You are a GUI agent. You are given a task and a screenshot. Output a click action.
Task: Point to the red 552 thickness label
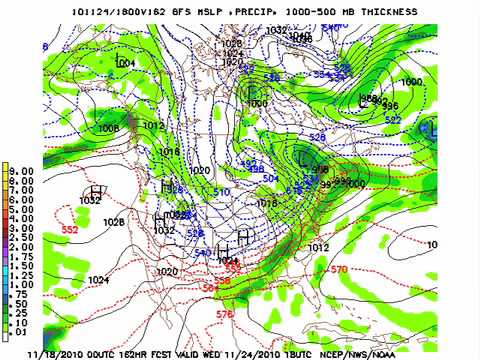(x=69, y=230)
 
